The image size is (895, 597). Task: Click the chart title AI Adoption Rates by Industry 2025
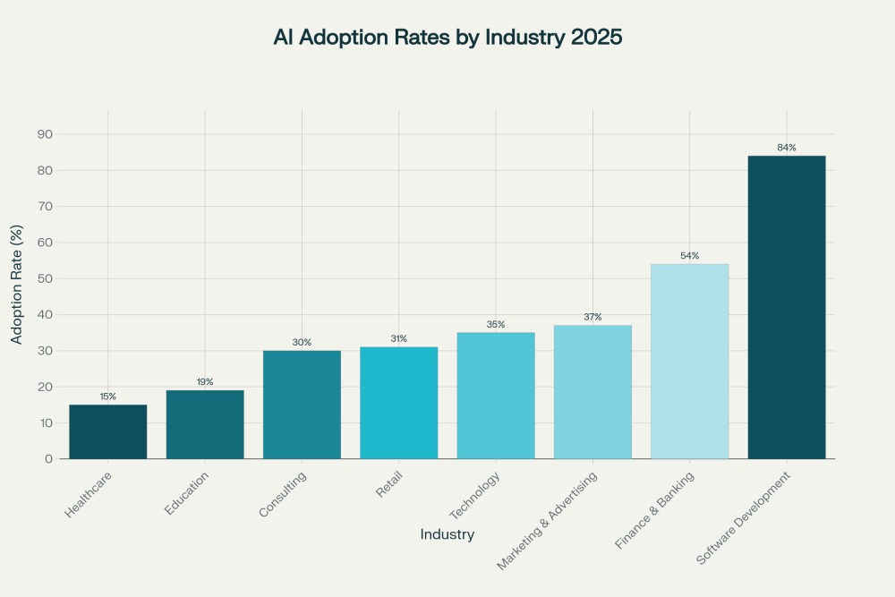[x=447, y=39]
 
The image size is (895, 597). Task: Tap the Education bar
[x=205, y=424]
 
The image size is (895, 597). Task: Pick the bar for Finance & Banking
[x=689, y=362]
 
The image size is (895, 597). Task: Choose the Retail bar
[x=399, y=403]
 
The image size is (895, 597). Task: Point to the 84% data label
[x=787, y=148]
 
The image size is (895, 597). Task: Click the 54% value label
[x=689, y=256]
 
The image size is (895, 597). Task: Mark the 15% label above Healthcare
[x=108, y=397]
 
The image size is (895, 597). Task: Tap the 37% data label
[x=592, y=317]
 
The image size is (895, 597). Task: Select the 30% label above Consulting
[x=302, y=342]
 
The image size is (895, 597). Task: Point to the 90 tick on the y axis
[x=45, y=134]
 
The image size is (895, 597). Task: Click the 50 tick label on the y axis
[x=45, y=278]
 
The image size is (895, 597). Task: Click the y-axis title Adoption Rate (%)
[x=16, y=296]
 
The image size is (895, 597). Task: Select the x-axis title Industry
[x=447, y=534]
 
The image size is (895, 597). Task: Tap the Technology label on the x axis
[x=473, y=495]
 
